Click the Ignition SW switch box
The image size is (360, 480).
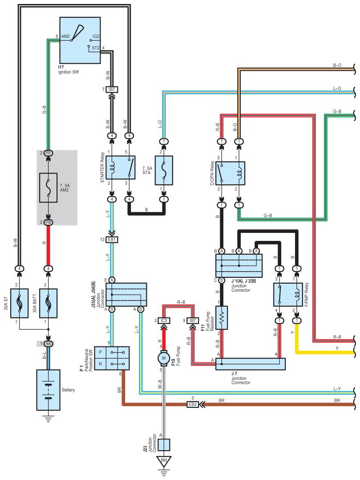pos(81,41)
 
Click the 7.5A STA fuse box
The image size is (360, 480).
pos(163,170)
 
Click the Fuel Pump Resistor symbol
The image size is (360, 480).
pos(221,317)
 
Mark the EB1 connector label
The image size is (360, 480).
pos(112,240)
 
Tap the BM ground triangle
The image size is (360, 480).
pos(163,460)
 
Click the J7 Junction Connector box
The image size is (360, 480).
pos(250,364)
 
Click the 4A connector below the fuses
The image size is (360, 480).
pos(48,343)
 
